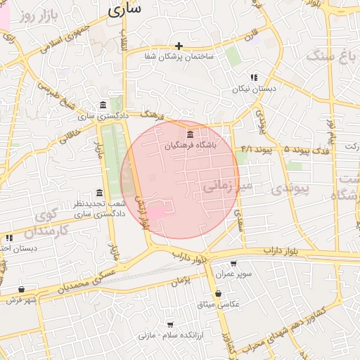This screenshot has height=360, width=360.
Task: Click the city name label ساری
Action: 125,9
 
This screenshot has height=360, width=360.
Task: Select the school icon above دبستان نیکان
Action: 254,77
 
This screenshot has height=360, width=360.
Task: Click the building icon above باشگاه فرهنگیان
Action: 189,134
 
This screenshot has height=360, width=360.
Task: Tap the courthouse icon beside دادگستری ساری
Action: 103,104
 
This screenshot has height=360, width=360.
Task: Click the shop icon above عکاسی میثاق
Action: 219,293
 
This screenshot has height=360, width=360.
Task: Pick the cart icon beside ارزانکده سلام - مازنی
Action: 170,325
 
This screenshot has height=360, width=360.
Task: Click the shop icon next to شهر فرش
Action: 21,289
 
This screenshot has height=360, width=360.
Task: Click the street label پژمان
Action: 181,281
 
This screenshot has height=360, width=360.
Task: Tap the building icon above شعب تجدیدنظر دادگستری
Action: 98,193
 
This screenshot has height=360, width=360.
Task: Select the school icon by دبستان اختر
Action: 8,238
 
